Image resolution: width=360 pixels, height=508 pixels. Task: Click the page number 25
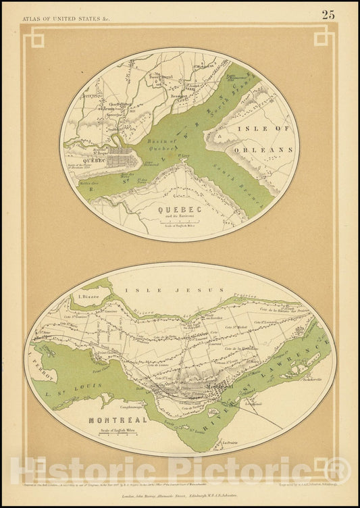point(328,14)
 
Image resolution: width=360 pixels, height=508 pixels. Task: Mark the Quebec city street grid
point(120,159)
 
